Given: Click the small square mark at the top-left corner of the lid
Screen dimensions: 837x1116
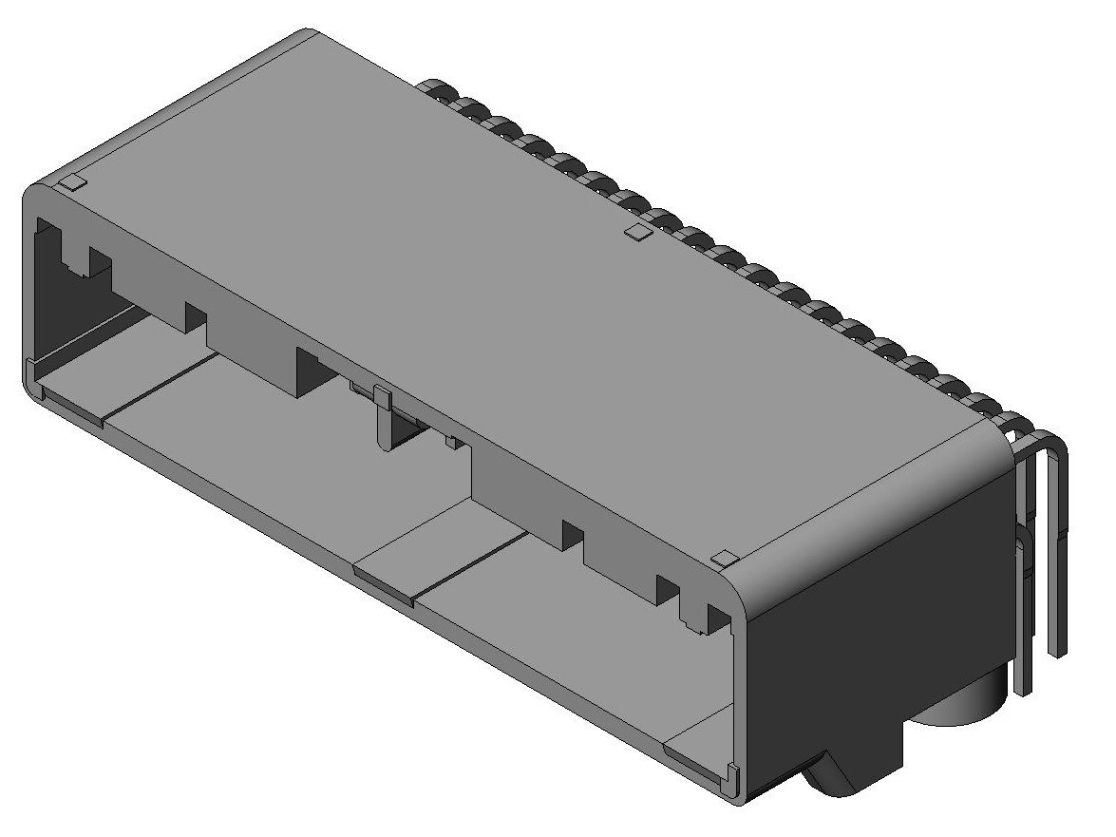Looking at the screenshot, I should point(73,182).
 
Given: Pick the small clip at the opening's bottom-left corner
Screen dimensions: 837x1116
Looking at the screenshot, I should point(30,375).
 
